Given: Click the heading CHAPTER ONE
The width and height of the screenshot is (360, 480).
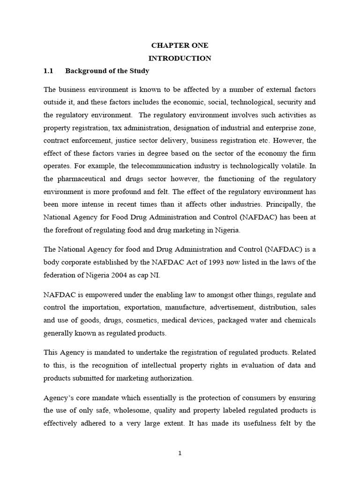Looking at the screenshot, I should [x=180, y=45].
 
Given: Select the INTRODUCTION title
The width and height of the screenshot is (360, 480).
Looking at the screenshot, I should [x=180, y=58].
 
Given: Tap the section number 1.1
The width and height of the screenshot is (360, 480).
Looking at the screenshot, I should [x=49, y=71].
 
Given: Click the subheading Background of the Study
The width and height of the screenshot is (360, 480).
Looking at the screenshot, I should [x=107, y=71].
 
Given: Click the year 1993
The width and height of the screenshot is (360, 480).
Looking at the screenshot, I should [x=197, y=262].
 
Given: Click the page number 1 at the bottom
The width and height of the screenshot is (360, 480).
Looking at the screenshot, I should [x=180, y=453].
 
